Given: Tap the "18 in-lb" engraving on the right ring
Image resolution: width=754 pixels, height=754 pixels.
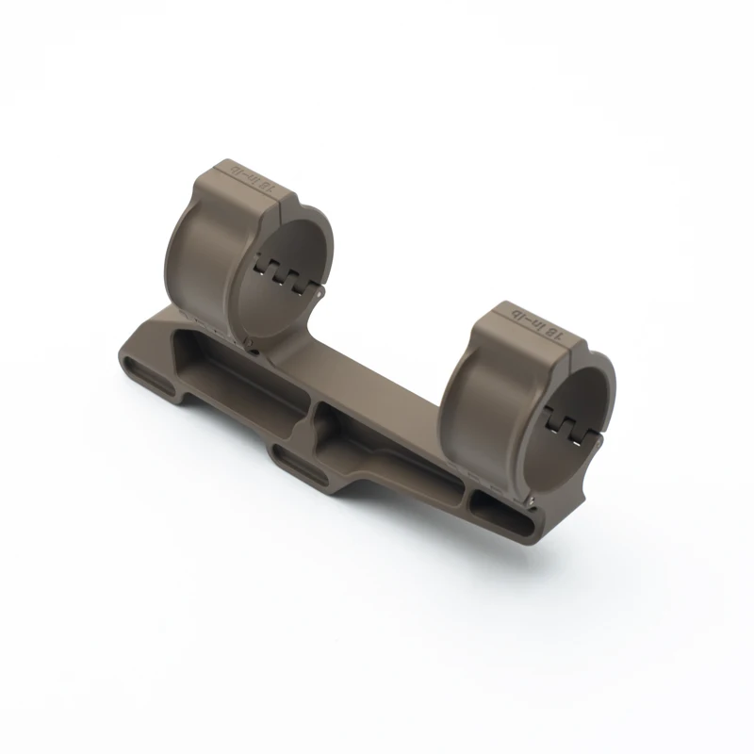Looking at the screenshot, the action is click(x=540, y=323).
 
